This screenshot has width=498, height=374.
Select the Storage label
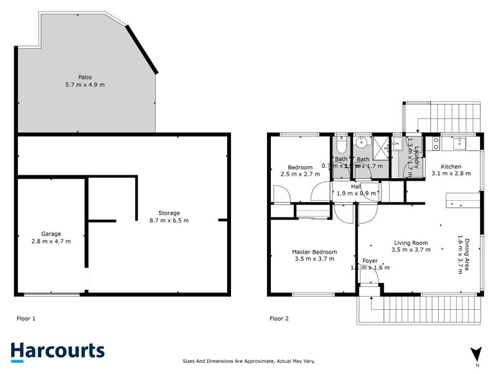[169, 213]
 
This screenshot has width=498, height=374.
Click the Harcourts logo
[57, 351]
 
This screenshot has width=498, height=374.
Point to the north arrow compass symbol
[477, 353]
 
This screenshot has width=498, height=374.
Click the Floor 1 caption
[26, 319]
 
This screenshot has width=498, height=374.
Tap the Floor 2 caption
[279, 319]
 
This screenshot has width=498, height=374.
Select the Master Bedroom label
[314, 252]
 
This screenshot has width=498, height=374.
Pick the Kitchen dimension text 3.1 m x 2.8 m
[451, 175]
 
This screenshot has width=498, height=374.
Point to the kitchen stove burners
[436, 144]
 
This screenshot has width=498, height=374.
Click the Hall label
[356, 186]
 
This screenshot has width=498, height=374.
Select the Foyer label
[369, 260]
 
